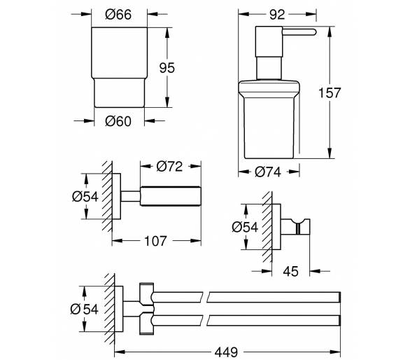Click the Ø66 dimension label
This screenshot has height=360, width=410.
118,15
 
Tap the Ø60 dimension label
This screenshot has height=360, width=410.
118,121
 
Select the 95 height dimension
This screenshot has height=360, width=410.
167,68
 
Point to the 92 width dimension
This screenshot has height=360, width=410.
277,15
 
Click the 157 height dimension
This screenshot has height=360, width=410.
330,92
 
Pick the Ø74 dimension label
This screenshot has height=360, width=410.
268,172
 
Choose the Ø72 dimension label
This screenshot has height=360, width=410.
169,166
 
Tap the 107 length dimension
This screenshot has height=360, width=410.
155,241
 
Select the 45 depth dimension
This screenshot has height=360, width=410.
290,271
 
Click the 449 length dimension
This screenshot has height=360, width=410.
226,352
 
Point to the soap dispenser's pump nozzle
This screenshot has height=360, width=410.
299,32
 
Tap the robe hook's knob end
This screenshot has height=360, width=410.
304,226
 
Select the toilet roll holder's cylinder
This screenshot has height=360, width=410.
171,196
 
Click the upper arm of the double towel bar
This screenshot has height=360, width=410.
246,297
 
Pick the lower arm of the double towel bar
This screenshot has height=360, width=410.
246,321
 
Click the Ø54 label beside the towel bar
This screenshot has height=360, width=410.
84,309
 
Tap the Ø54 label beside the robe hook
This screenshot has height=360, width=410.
245,227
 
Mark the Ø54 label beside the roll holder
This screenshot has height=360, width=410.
85,196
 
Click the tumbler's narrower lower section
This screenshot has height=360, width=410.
119,92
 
